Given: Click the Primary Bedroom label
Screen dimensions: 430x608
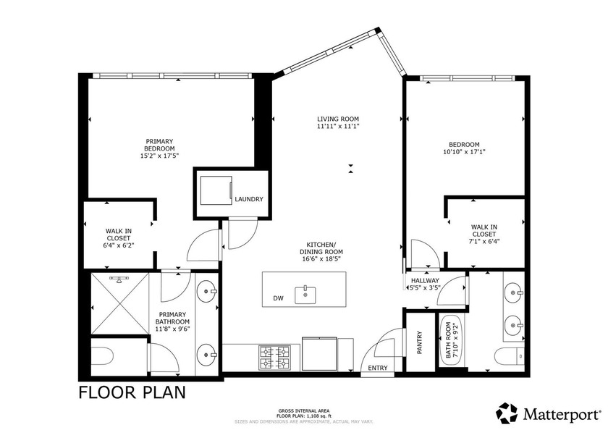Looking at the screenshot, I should (160, 148).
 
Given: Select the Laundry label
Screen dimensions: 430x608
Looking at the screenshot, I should (249, 199).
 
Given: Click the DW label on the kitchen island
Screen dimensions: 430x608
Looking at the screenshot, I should (278, 298).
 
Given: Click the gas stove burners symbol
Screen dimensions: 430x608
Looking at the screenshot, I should (274, 356).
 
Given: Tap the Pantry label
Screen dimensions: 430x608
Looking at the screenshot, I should (420, 342).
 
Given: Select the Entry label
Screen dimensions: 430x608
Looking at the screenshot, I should (378, 368).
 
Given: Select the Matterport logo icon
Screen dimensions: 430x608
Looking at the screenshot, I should (507, 414).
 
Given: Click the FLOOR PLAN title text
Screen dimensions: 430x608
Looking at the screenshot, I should (131, 393).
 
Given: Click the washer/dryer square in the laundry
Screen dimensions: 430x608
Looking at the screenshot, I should (215, 193).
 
